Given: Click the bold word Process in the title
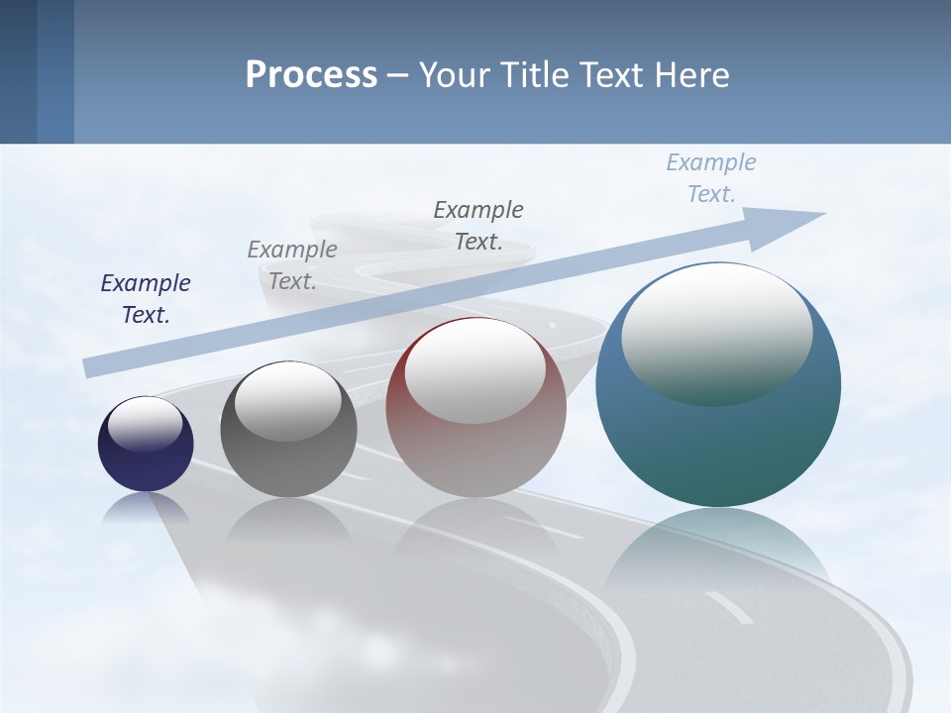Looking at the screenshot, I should point(311,75).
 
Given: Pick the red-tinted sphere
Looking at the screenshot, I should point(475,456).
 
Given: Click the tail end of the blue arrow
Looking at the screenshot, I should point(91,367).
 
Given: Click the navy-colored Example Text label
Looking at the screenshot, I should point(146,299).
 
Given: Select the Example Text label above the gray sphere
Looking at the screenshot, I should point(292,265).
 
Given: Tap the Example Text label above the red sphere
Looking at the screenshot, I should point(478,226).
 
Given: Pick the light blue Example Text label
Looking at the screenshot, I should point(711,178).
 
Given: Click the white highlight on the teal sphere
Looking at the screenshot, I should point(716,332).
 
